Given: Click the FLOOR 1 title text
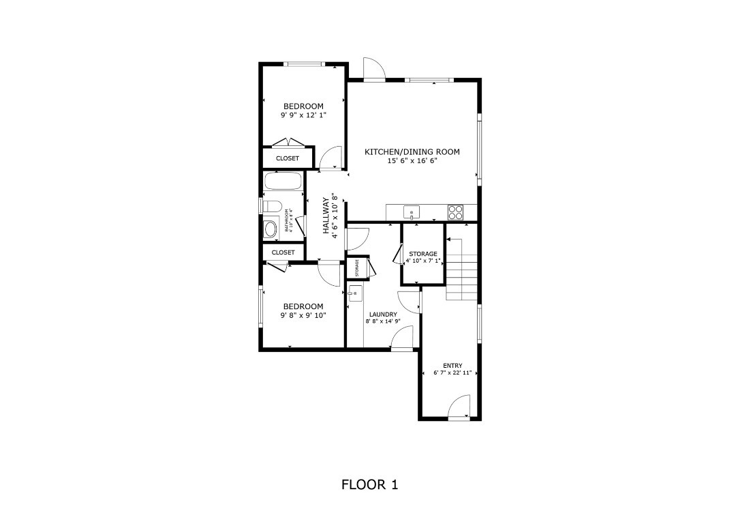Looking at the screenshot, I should tap(369, 485).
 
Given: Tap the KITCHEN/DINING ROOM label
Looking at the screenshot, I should tap(412, 152).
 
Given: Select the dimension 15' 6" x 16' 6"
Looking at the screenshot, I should tap(412, 161).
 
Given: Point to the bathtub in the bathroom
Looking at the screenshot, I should tap(283, 181).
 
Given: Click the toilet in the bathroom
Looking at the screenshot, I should tap(271, 206).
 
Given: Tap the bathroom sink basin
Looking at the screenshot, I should tap(271, 229).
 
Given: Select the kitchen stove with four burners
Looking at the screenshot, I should tap(455, 213).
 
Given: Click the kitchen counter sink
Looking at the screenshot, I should tap(412, 212).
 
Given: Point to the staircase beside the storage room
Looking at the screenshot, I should tap(461, 269).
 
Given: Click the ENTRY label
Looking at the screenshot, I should tap(452, 366).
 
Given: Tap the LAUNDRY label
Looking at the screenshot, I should tap(383, 315).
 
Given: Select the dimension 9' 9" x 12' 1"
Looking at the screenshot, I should tap(303, 115).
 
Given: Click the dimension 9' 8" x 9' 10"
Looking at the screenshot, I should tap(303, 315).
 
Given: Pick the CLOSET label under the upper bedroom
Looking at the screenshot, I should tap(287, 158).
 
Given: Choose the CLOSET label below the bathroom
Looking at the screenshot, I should tap(283, 252).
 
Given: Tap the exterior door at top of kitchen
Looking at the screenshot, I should tap(373, 70).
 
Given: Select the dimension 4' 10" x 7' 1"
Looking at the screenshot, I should tap(423, 261).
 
